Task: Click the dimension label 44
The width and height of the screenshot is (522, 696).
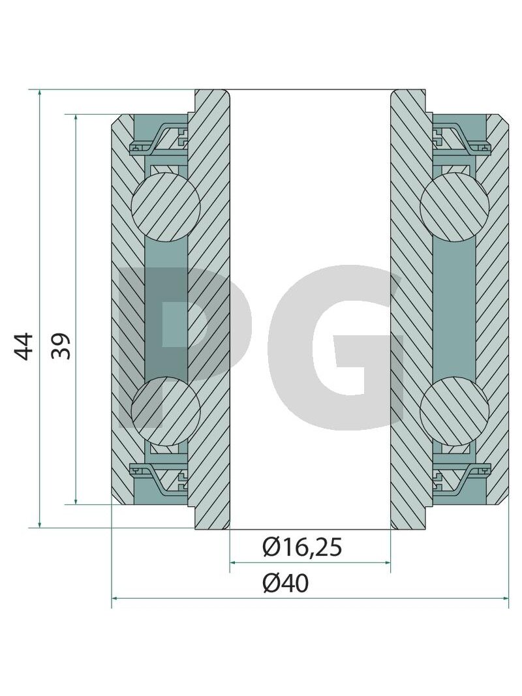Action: coord(23,346)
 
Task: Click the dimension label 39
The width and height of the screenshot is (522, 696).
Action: coord(61,346)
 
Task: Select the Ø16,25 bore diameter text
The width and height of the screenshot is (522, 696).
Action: coord(302,547)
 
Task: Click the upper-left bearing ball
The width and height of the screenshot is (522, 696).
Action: coord(166,207)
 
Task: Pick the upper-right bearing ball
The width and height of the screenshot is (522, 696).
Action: coord(455,207)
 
